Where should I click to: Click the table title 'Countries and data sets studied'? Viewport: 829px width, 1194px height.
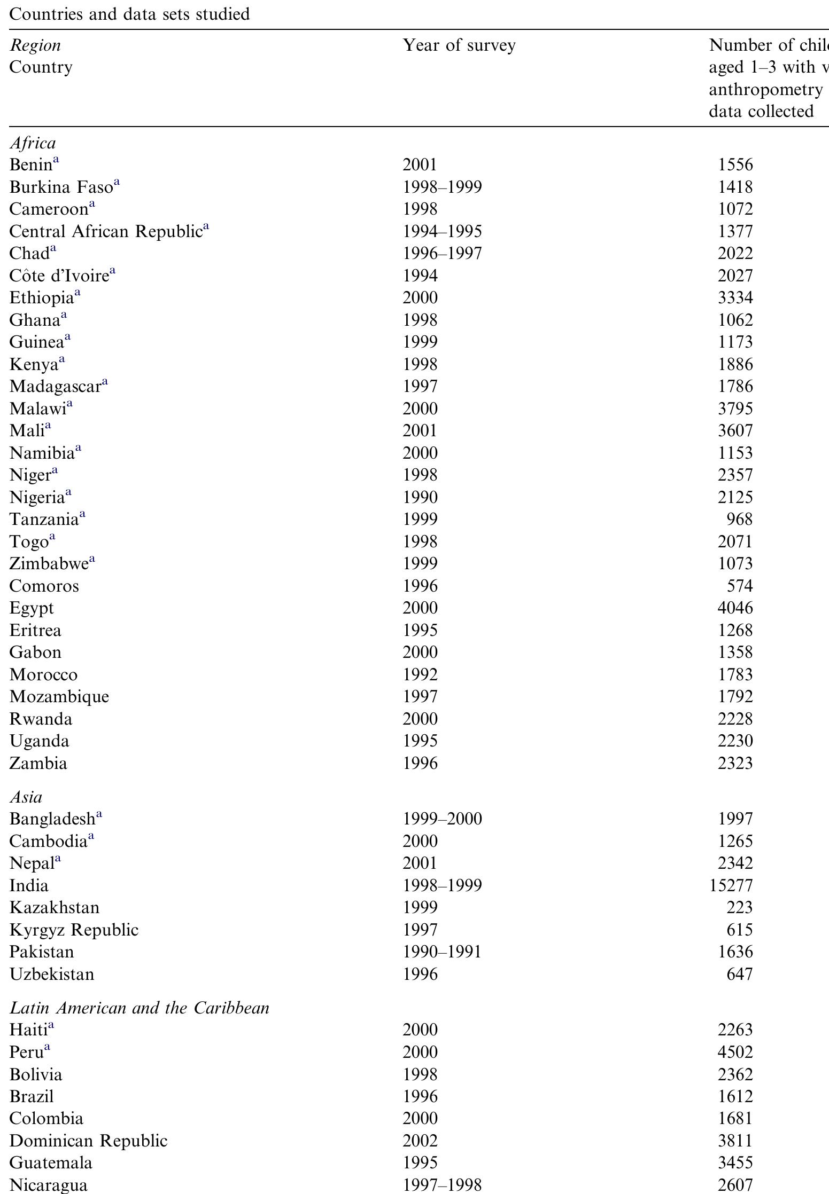tap(129, 14)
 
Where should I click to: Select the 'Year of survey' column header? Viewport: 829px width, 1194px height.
tap(459, 45)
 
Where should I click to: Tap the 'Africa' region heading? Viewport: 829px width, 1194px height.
tap(33, 143)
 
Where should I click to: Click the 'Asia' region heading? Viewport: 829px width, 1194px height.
tap(26, 797)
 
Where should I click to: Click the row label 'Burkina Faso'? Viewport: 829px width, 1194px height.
tap(61, 187)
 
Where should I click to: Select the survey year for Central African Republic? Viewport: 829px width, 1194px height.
tap(442, 231)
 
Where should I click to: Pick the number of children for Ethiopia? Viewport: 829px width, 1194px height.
tap(735, 298)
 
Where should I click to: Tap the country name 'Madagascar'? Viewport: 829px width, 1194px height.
tap(55, 387)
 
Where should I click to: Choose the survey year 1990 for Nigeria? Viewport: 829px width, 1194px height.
tap(420, 497)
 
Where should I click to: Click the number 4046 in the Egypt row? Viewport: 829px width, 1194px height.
tap(735, 608)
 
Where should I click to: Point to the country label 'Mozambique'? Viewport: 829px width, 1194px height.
tap(59, 697)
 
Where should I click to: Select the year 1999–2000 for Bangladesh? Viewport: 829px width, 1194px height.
tap(442, 819)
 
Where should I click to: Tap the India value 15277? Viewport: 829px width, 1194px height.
tap(731, 885)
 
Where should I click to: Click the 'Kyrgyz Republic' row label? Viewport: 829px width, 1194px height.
tap(74, 930)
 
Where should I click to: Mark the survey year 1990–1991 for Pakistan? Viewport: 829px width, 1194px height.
tap(442, 952)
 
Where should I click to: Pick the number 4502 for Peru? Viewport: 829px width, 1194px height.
tap(735, 1052)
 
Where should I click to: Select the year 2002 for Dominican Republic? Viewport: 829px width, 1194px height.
tap(420, 1141)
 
